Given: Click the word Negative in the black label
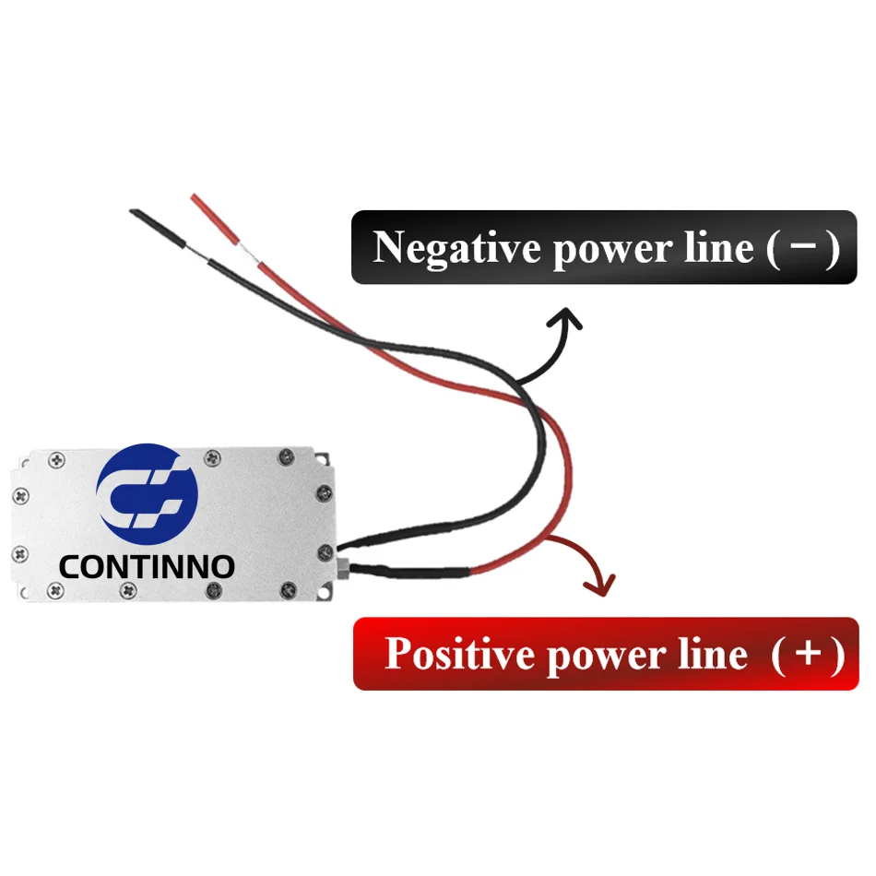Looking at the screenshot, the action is coord(457,248).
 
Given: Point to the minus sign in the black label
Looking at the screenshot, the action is coord(801,249).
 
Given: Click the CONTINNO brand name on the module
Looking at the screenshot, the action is coord(147,566).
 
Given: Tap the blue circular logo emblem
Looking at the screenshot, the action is coord(148,492).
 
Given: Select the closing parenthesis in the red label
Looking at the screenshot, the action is coord(836,655).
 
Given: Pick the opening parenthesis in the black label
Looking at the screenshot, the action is coord(773,249).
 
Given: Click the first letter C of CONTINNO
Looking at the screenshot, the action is coord(69,566).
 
